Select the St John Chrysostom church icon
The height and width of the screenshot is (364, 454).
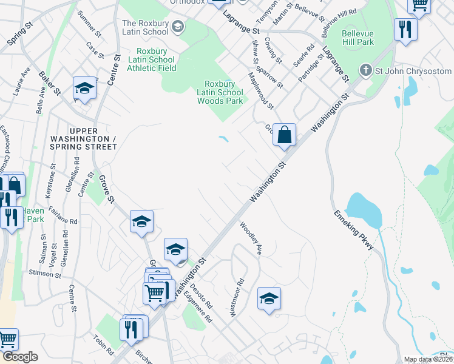[365, 70]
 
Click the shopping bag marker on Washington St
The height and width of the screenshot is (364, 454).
[283, 135]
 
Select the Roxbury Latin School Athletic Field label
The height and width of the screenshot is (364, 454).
[151, 59]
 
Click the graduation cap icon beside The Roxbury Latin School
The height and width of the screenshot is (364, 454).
[178, 26]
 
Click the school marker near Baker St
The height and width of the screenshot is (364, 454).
[84, 89]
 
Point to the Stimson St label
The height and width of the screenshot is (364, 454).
[45, 274]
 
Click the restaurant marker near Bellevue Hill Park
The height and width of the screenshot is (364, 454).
[405, 29]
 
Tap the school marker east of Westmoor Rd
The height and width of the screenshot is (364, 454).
[269, 298]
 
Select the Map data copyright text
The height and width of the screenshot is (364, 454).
[428, 359]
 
